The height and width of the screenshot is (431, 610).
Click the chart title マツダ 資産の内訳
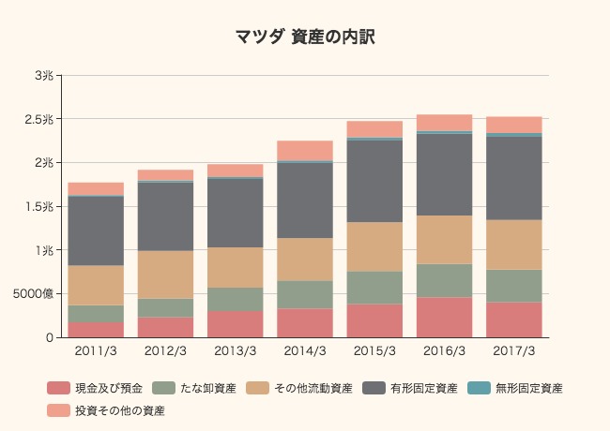pyautogui.click(x=305, y=37)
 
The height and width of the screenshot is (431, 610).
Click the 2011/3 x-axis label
pyautogui.click(x=96, y=351)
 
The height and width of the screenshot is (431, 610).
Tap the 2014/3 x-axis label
pyautogui.click(x=305, y=351)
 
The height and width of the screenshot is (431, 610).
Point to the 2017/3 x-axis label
pyautogui.click(x=514, y=351)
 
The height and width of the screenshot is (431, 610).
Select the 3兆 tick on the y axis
pyautogui.click(x=43, y=76)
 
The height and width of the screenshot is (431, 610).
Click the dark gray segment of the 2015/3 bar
pyautogui.click(x=374, y=181)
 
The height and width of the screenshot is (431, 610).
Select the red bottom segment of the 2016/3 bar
pyautogui.click(x=444, y=318)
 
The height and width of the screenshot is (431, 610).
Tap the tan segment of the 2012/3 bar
pyautogui.click(x=165, y=275)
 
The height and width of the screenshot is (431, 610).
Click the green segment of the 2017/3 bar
pyautogui.click(x=514, y=286)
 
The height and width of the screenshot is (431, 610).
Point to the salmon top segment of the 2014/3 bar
pyautogui.click(x=305, y=150)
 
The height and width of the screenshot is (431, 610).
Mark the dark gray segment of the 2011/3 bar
pyautogui.click(x=96, y=230)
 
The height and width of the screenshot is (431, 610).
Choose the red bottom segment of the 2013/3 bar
pyautogui.click(x=236, y=324)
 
